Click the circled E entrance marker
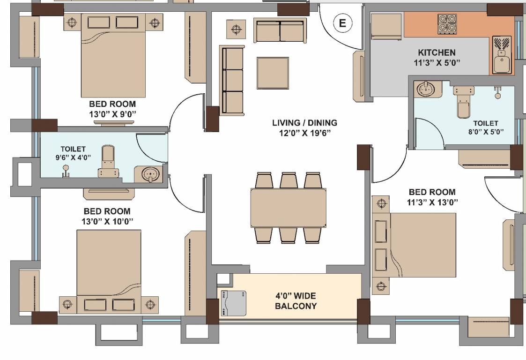[342, 23]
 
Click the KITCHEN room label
[437, 52]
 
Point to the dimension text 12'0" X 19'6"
[305, 133]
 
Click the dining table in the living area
[288, 207]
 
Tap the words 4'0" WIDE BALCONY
[296, 301]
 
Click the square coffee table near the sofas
[273, 73]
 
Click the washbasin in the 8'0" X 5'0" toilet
[427, 89]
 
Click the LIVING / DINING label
[304, 123]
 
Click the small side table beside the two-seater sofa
[236, 29]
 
